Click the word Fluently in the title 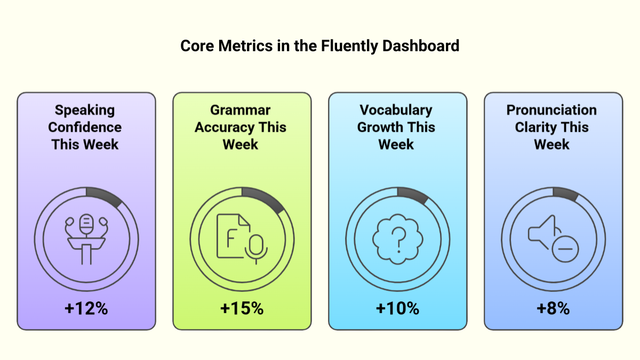(349, 46)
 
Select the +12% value (86, 308)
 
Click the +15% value (242, 308)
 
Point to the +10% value (397, 308)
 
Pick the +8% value (553, 308)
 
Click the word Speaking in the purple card (85, 110)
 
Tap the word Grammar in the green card (240, 110)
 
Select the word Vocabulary (396, 110)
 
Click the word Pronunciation (551, 110)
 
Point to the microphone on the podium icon (86, 225)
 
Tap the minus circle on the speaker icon (565, 249)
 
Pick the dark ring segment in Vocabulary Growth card (413, 195)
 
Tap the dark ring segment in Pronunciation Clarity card (566, 194)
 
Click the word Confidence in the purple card (85, 127)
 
